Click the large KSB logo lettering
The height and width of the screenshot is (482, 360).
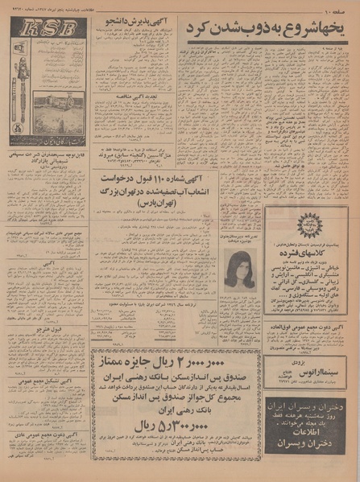click(48, 31)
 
